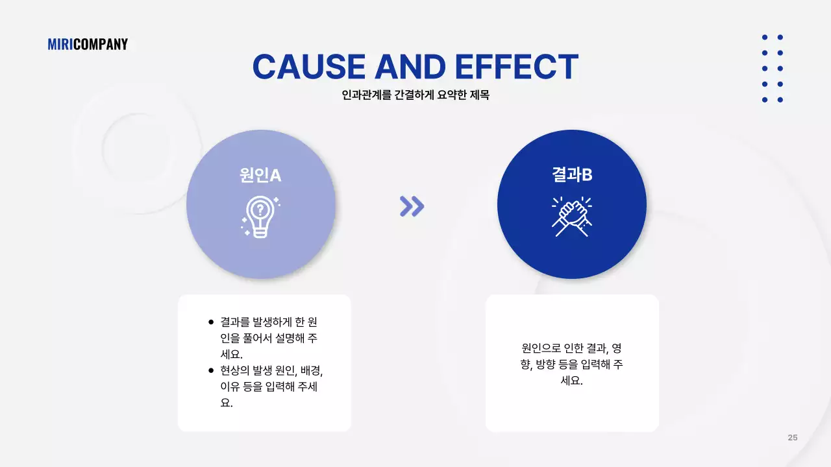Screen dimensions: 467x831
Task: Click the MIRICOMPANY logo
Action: [x=88, y=44]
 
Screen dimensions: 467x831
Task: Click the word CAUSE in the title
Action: [x=308, y=67]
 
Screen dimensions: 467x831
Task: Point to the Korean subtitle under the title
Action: [x=415, y=95]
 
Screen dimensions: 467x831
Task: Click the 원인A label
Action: [x=260, y=174]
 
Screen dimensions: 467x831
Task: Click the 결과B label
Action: [x=572, y=174]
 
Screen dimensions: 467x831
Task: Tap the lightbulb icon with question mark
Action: [x=260, y=216]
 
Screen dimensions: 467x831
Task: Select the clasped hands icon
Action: [x=571, y=216]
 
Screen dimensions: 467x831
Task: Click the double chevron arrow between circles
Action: [x=412, y=206]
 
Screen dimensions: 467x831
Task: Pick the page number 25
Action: [x=793, y=438]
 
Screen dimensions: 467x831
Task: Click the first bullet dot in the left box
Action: [x=211, y=322]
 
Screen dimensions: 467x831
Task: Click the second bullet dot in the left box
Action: [x=211, y=370]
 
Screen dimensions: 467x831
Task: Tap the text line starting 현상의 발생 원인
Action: [x=271, y=370]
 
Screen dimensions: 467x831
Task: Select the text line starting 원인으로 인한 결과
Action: [x=572, y=348]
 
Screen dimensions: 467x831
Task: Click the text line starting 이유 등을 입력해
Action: [x=269, y=387]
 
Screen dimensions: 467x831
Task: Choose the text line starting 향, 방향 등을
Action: [x=572, y=365]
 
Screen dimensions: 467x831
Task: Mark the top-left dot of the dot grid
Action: [x=765, y=38]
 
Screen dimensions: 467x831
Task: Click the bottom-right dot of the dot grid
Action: [x=780, y=100]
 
